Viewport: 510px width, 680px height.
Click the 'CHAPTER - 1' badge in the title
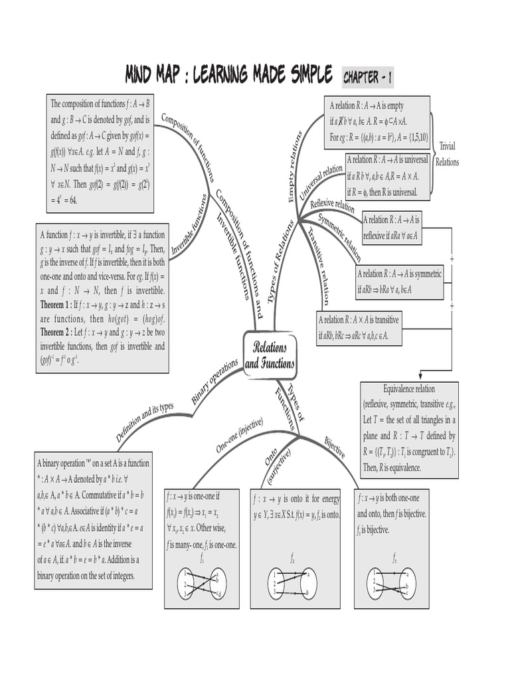[367, 78]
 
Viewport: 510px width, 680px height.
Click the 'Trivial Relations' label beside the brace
[447, 153]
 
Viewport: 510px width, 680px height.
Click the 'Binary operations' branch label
[214, 382]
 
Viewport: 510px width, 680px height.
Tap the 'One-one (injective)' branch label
[240, 435]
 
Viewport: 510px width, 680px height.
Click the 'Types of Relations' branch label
[280, 263]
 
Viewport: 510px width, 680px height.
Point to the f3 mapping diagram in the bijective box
[394, 582]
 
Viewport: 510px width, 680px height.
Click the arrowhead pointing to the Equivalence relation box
[420, 377]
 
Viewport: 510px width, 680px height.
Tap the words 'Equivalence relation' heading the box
[409, 388]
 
